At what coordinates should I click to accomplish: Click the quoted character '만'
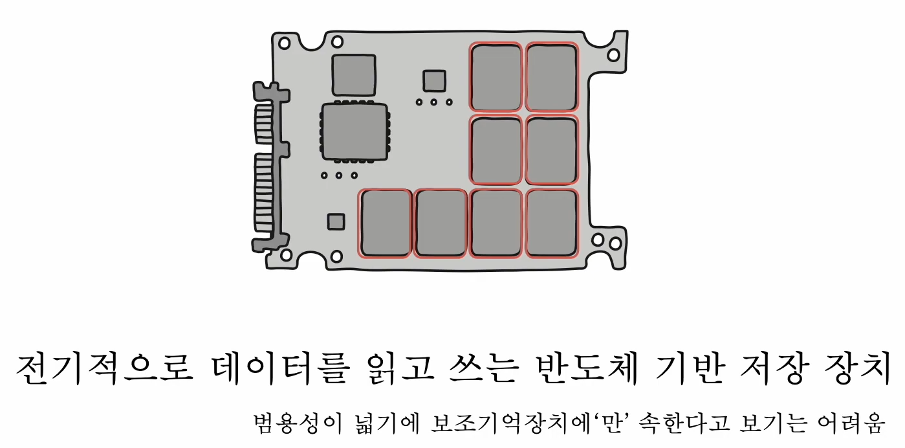tap(609, 424)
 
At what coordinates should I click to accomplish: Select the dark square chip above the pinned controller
tap(353, 75)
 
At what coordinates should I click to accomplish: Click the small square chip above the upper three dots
tap(434, 81)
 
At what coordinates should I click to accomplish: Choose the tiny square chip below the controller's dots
tap(336, 221)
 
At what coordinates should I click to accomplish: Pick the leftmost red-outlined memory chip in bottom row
tap(386, 223)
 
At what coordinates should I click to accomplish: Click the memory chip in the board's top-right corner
tap(551, 77)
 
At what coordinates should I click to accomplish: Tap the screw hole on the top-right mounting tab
tap(613, 55)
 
